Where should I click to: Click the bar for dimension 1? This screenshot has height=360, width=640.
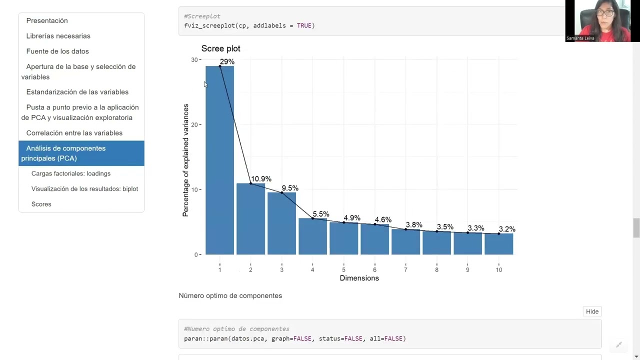point(219,160)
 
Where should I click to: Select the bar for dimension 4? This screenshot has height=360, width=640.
point(312,236)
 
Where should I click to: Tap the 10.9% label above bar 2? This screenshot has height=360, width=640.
point(261,179)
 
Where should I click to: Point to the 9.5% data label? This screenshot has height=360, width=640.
point(290,188)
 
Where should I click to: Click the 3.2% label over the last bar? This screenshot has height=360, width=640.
point(507,229)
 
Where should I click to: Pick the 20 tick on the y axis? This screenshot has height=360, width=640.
point(194,124)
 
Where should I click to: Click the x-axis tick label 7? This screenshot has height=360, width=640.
point(405,269)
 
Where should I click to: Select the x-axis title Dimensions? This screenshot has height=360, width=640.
point(359,278)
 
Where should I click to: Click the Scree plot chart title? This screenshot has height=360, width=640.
point(221,48)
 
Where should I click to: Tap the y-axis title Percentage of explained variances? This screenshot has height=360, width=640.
point(185,160)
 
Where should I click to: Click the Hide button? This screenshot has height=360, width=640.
point(592,311)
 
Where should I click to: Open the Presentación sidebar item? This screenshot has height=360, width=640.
point(47,20)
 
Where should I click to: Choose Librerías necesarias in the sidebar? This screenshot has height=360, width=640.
point(58,36)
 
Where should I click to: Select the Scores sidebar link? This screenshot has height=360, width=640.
point(41,204)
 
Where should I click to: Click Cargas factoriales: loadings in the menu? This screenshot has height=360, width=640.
point(71,173)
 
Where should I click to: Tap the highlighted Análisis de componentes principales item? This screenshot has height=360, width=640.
point(81,153)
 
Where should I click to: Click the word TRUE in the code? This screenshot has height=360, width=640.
point(304,25)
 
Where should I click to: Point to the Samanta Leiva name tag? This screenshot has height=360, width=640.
point(580,38)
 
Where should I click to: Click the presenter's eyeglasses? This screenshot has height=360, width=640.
point(605,13)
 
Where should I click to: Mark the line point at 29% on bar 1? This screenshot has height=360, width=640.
point(220,66)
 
